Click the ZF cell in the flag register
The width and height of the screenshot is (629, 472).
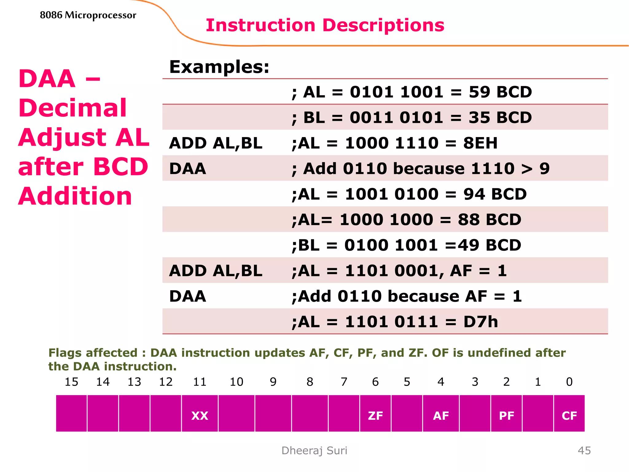pyautogui.click(x=375, y=416)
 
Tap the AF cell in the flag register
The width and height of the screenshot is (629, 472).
pyautogui.click(x=441, y=416)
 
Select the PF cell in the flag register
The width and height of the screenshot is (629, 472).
pyautogui.click(x=506, y=416)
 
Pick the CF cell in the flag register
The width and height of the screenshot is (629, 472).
pyautogui.click(x=569, y=416)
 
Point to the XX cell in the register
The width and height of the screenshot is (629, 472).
pyautogui.click(x=200, y=416)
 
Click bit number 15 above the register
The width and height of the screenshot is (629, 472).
pyautogui.click(x=71, y=382)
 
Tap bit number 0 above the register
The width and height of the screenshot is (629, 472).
pyautogui.click(x=569, y=382)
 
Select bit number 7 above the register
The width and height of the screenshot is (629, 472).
pyautogui.click(x=344, y=382)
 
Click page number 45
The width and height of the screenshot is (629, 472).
pyautogui.click(x=584, y=450)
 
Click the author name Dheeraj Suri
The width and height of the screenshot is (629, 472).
pyautogui.click(x=314, y=450)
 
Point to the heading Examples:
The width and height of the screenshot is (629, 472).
pyautogui.click(x=219, y=67)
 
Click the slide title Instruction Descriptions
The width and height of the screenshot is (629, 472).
pyautogui.click(x=325, y=25)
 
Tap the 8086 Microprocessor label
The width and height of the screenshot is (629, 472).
pyautogui.click(x=88, y=15)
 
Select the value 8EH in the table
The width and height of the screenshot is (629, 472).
pyautogui.click(x=480, y=143)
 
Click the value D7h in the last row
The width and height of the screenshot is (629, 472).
pyautogui.click(x=480, y=322)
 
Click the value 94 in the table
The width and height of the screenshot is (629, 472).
pyautogui.click(x=474, y=194)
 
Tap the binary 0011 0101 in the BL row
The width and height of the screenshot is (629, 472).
pyautogui.click(x=396, y=118)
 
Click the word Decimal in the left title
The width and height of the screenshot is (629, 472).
pyautogui.click(x=72, y=108)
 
